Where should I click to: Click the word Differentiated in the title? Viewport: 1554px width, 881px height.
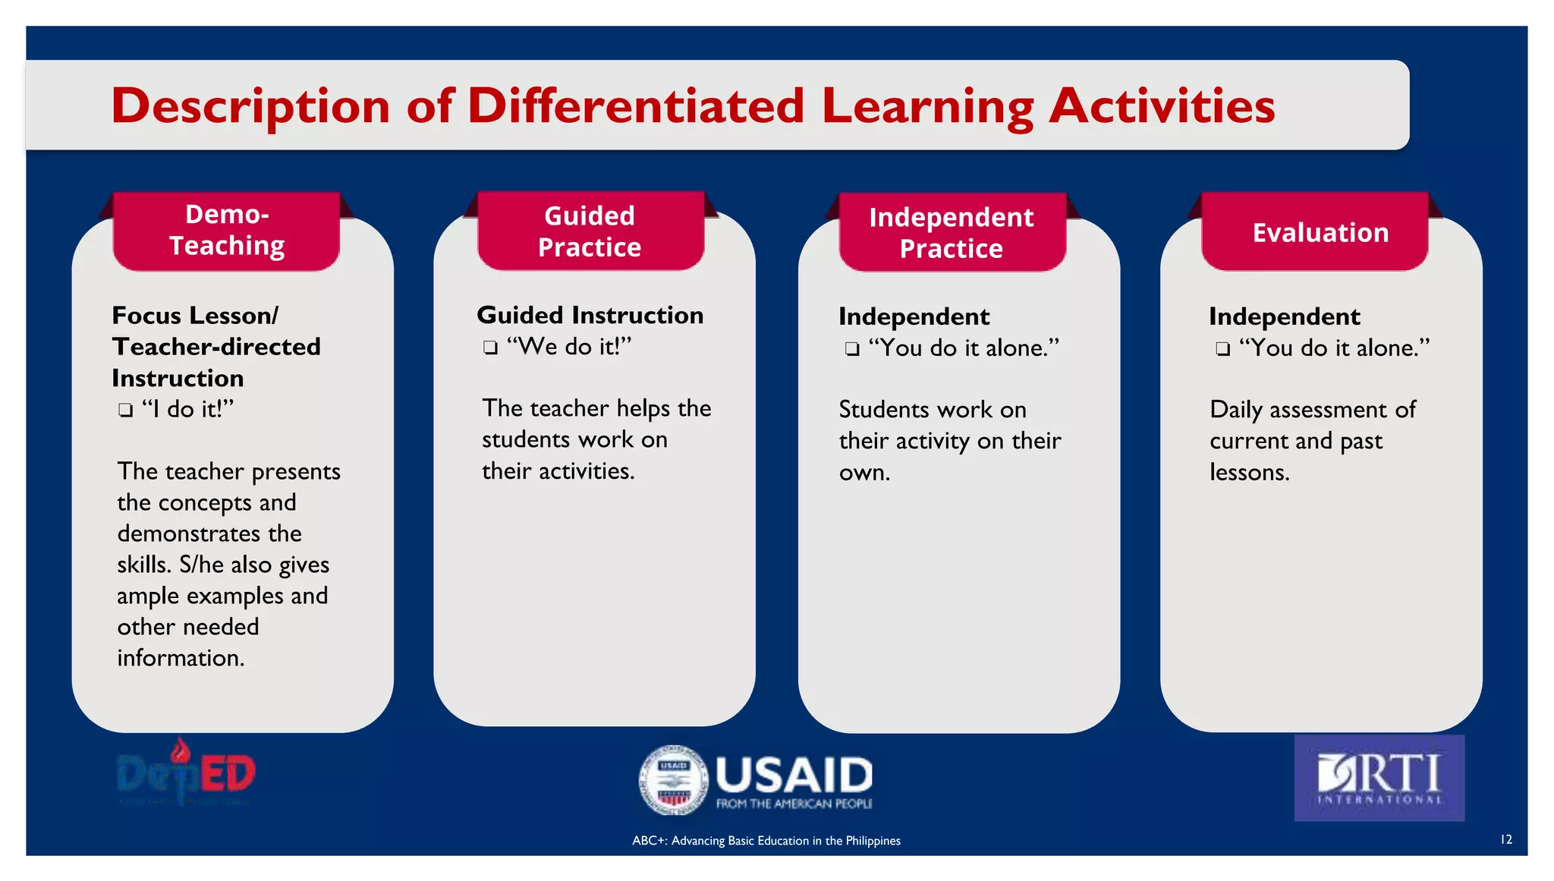pos(636,105)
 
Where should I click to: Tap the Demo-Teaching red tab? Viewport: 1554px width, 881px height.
pos(226,231)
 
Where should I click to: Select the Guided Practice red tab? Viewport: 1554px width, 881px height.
pos(590,231)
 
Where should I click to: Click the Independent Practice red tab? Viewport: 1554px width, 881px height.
pos(951,233)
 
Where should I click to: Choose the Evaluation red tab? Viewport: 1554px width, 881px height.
pos(1320,233)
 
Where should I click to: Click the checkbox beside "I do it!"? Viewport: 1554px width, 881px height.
pos(126,411)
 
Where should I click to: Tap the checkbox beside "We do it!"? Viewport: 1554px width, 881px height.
pos(491,348)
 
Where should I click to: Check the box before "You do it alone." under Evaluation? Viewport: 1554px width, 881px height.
pos(1222,349)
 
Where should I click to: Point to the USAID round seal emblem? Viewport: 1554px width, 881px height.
pos(673,780)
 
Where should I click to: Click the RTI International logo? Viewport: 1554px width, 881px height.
pos(1379,778)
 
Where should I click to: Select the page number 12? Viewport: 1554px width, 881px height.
pos(1506,839)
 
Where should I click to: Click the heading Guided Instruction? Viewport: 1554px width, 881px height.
pos(590,315)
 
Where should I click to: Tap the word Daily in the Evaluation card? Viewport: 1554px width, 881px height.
pos(1236,411)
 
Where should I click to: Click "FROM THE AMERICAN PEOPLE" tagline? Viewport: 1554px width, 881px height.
pos(794,804)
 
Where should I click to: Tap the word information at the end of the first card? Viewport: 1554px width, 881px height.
pos(180,658)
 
